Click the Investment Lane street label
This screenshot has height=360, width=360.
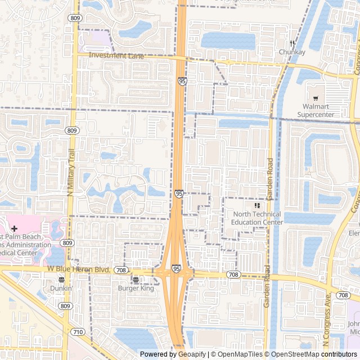pyautogui.click(x=116, y=56)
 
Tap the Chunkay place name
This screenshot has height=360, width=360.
pyautogui.click(x=291, y=52)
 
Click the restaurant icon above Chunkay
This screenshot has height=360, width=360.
pyautogui.click(x=292, y=43)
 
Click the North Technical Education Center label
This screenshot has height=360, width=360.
pyautogui.click(x=257, y=218)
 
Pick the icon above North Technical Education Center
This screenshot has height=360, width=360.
pyautogui.click(x=257, y=206)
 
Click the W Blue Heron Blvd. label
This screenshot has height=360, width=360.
pyautogui.click(x=78, y=270)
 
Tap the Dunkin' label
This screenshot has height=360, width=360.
pyautogui.click(x=61, y=289)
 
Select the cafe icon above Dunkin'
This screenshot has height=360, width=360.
pyautogui.click(x=61, y=280)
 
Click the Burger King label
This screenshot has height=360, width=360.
pyautogui.click(x=136, y=289)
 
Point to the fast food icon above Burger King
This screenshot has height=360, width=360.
pyautogui.click(x=136, y=280)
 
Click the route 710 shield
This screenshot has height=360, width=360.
pyautogui.click(x=77, y=332)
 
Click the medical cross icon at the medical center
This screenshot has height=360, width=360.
pyautogui.click(x=14, y=228)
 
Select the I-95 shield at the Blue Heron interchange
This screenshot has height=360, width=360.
pyautogui.click(x=177, y=269)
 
